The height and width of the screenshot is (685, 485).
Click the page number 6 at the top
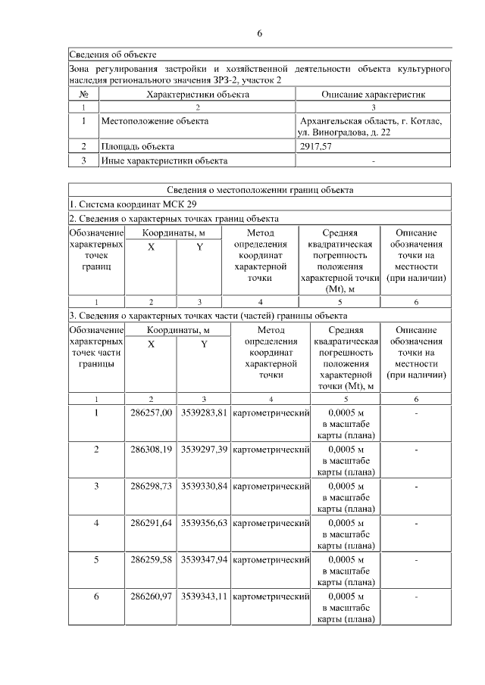point(259,34)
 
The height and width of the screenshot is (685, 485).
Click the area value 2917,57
point(316,147)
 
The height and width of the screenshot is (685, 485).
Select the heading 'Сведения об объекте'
point(113,54)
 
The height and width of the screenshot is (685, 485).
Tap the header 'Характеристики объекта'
point(197,95)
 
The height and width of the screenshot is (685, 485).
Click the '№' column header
point(83,95)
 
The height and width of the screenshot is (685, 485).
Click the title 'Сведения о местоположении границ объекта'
point(260,190)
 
